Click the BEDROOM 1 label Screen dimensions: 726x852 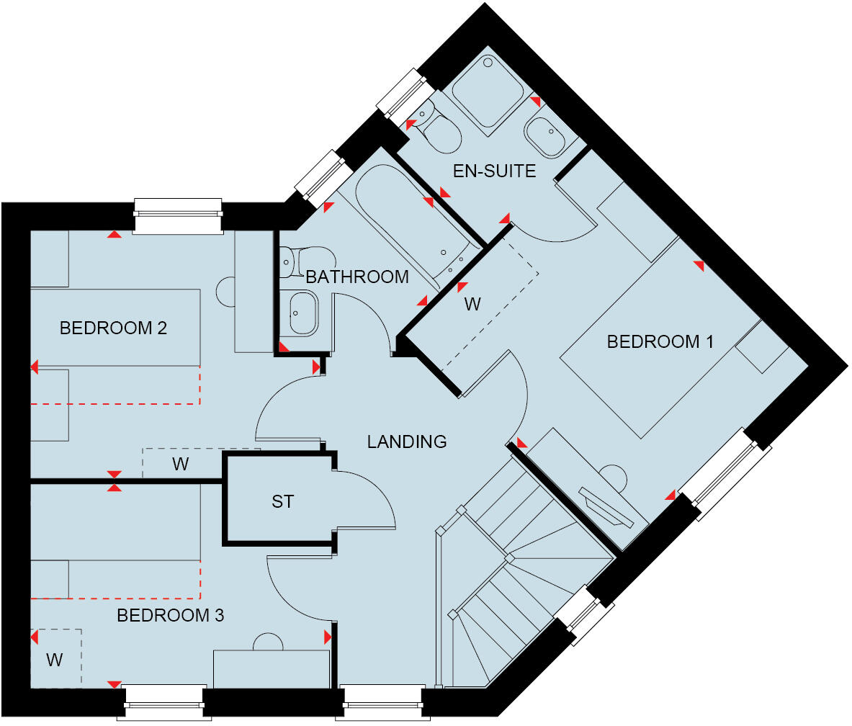click(x=660, y=341)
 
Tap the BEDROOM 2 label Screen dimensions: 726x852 click(x=113, y=328)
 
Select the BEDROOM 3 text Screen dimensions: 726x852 click(x=170, y=616)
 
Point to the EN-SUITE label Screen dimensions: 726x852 click(x=494, y=171)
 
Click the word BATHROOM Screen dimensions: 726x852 click(x=357, y=277)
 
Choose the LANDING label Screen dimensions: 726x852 click(x=407, y=442)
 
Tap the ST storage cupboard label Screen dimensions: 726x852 click(x=282, y=501)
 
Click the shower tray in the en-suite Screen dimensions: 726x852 click(x=488, y=91)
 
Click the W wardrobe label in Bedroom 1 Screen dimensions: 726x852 click(x=472, y=305)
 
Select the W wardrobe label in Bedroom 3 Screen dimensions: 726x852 click(x=54, y=659)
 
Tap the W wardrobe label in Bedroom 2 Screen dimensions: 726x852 click(x=180, y=465)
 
